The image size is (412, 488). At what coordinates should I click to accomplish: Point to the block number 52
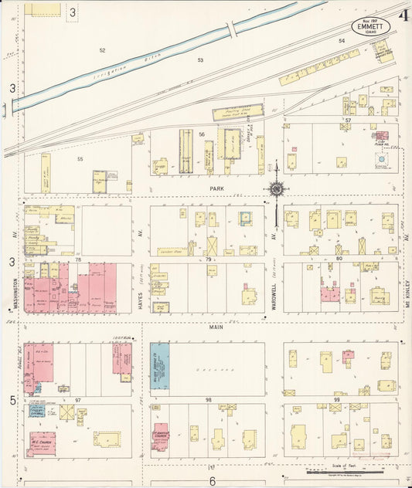(102, 50)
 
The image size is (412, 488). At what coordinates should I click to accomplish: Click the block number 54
(341, 40)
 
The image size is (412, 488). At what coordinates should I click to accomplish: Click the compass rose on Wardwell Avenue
(276, 188)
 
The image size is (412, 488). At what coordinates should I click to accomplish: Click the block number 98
(208, 400)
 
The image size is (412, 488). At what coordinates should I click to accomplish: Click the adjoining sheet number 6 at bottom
(212, 481)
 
